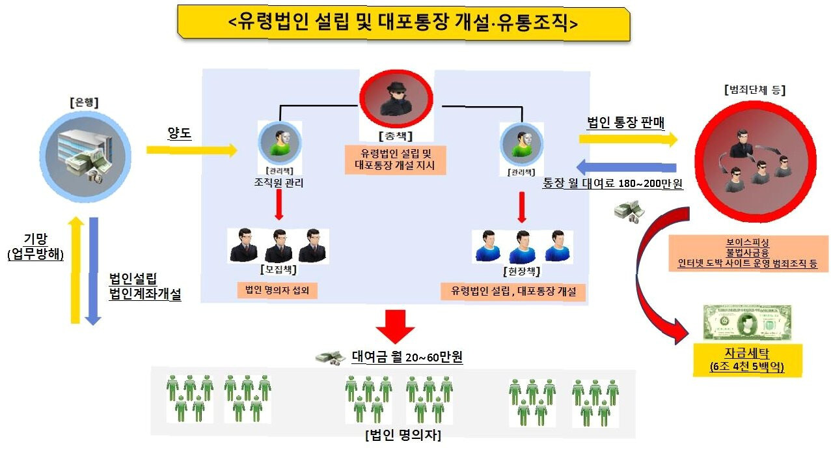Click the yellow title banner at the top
click(x=403, y=23)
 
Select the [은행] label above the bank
click(x=86, y=103)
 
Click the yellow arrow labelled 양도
click(x=191, y=150)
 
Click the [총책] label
click(x=396, y=136)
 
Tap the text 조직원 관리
click(x=279, y=184)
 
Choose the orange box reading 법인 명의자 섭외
click(x=277, y=290)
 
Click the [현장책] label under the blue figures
click(x=522, y=271)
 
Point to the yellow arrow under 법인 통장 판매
click(x=628, y=139)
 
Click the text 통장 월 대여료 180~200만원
click(x=613, y=184)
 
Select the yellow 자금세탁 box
click(x=746, y=359)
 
